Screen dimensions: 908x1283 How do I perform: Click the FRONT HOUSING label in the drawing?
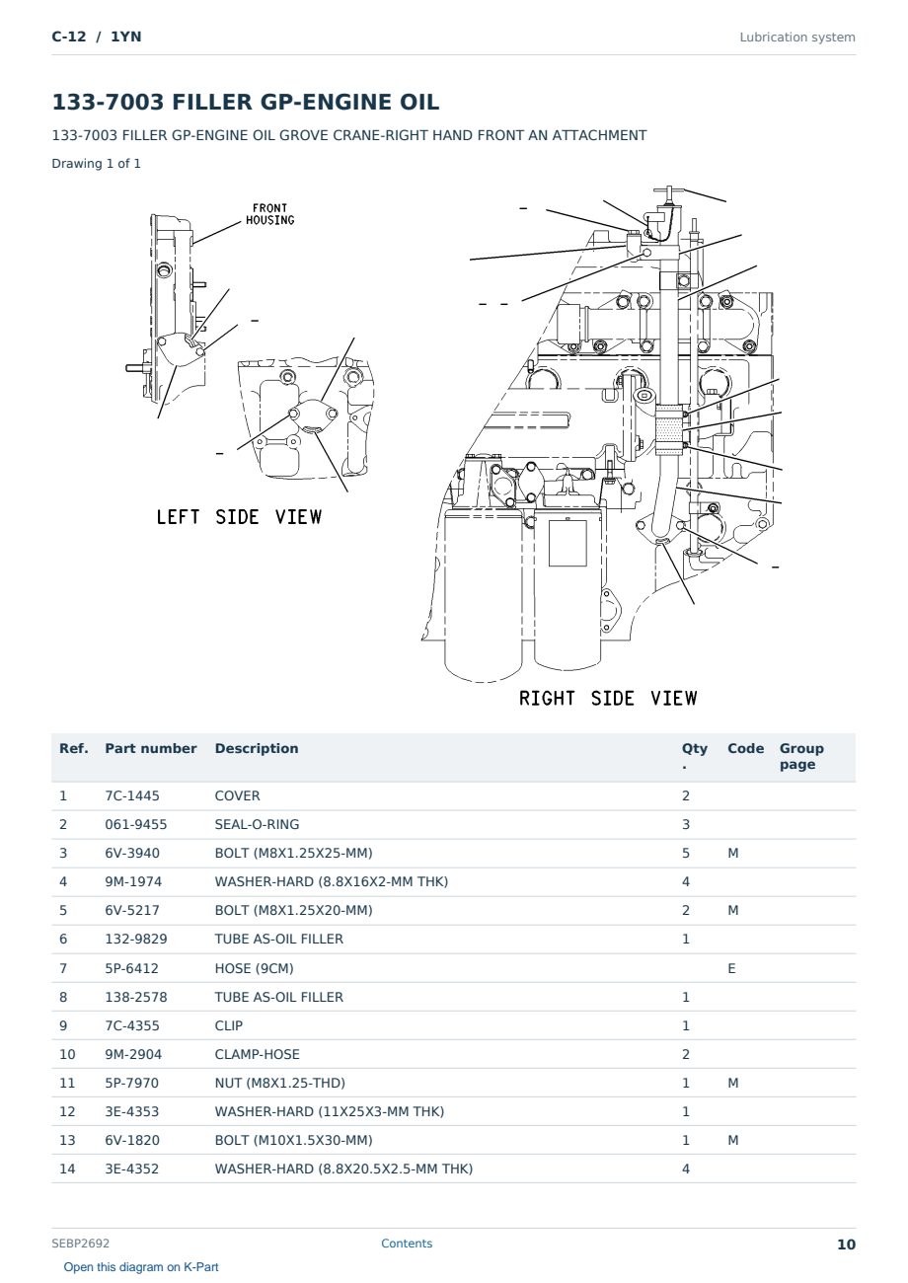pyautogui.click(x=269, y=214)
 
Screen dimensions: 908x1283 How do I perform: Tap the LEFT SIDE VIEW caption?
pyautogui.click(x=239, y=517)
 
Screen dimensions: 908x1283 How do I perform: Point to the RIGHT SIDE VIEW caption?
pyautogui.click(x=608, y=698)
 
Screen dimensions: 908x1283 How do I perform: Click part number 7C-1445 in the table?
pyautogui.click(x=132, y=795)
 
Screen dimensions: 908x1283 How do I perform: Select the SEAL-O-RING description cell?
pyautogui.click(x=257, y=824)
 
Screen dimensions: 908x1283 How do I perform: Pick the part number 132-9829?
pyautogui.click(x=136, y=939)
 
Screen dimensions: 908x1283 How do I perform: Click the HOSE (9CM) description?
pyautogui.click(x=254, y=968)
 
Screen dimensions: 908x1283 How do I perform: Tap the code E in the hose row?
pyautogui.click(x=731, y=968)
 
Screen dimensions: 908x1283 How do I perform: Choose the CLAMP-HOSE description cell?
pyautogui.click(x=257, y=1054)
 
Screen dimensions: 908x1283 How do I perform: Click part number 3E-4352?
pyautogui.click(x=132, y=1169)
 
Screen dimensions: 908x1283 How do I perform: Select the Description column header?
pyautogui.click(x=256, y=748)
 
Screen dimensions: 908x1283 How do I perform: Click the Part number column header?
pyautogui.click(x=151, y=748)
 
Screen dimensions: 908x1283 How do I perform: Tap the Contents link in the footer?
pyautogui.click(x=407, y=1243)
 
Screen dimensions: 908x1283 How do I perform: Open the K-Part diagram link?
pyautogui.click(x=141, y=1266)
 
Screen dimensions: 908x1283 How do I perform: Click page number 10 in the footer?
pyautogui.click(x=846, y=1245)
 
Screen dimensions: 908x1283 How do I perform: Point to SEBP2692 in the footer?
pyautogui.click(x=80, y=1243)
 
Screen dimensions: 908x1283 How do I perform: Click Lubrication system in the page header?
pyautogui.click(x=797, y=38)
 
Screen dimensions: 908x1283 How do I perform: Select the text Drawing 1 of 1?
pyautogui.click(x=97, y=164)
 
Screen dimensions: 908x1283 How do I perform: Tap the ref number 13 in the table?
pyautogui.click(x=67, y=1140)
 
